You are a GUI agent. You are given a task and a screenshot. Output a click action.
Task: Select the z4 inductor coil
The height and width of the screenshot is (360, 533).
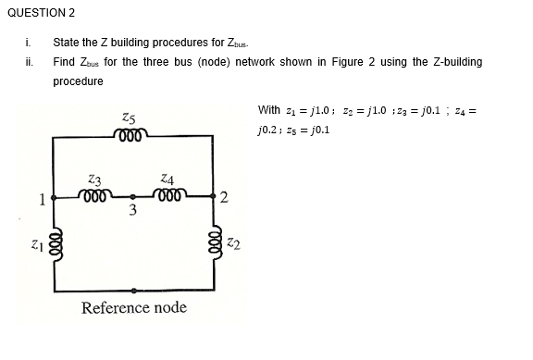coord(170,196)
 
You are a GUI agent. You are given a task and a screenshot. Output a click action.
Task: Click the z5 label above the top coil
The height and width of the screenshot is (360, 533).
coord(130,118)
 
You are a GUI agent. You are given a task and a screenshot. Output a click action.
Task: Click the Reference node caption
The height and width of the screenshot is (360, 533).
coord(133,307)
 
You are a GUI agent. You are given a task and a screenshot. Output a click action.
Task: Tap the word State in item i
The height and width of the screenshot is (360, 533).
coord(66,43)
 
